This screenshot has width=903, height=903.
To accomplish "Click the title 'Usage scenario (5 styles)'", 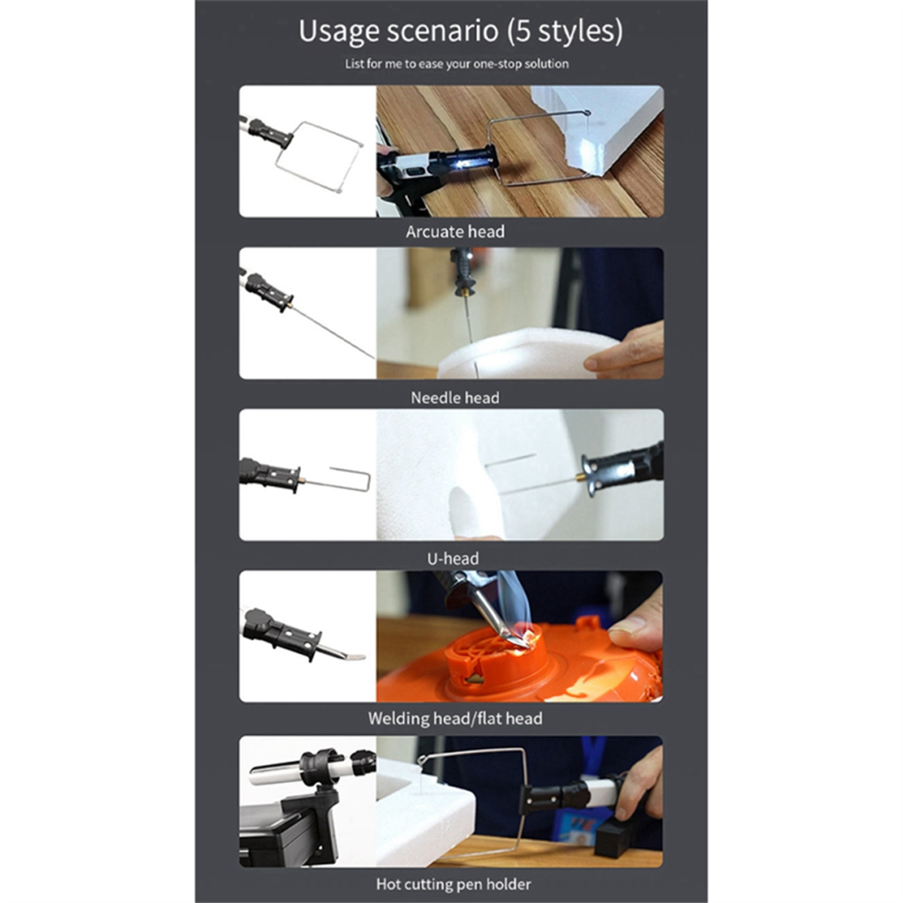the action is (460, 30).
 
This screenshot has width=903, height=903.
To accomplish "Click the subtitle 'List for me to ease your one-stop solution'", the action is (457, 64).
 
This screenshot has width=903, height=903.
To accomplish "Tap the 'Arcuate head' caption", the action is (455, 232).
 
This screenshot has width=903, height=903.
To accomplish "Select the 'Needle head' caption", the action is (455, 398).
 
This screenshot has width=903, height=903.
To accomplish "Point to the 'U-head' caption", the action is (452, 558).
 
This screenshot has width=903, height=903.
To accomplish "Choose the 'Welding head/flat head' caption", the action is (455, 718).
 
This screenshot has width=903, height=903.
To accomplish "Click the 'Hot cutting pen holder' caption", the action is (454, 884).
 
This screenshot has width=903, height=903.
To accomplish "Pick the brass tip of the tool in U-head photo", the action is (579, 477).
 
